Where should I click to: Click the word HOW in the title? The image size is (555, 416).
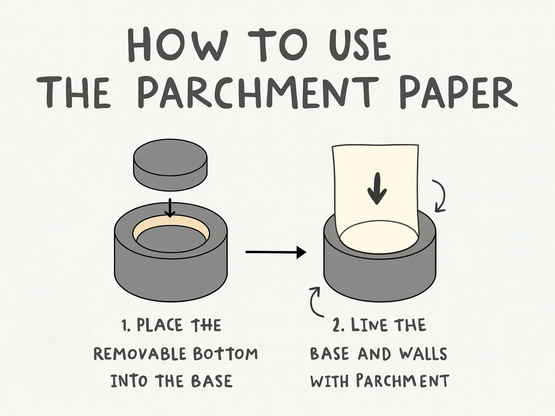[177, 45]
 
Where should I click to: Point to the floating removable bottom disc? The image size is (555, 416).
[170, 165]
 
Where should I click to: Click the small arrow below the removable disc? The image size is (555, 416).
[170, 208]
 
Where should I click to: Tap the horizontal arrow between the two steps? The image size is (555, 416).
[276, 252]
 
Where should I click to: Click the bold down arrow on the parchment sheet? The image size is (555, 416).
[377, 188]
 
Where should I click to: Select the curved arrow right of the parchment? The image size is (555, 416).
[441, 196]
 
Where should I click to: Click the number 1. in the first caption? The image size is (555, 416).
[126, 325]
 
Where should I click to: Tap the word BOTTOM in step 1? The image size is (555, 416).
[225, 354]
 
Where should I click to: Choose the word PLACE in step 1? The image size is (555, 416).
[159, 325]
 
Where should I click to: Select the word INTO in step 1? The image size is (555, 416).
[129, 381]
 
